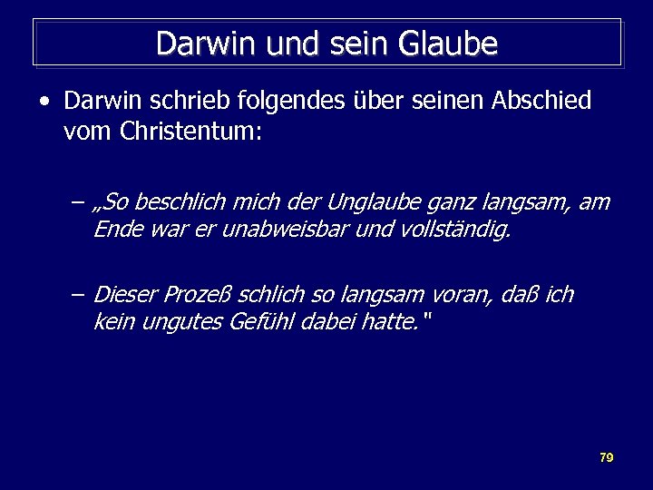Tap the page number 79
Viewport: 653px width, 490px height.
(607, 457)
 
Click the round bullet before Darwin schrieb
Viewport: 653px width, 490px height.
(44, 101)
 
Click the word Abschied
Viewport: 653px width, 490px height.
(541, 101)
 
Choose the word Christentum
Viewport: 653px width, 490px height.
(190, 132)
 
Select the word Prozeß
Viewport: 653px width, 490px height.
(198, 295)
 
